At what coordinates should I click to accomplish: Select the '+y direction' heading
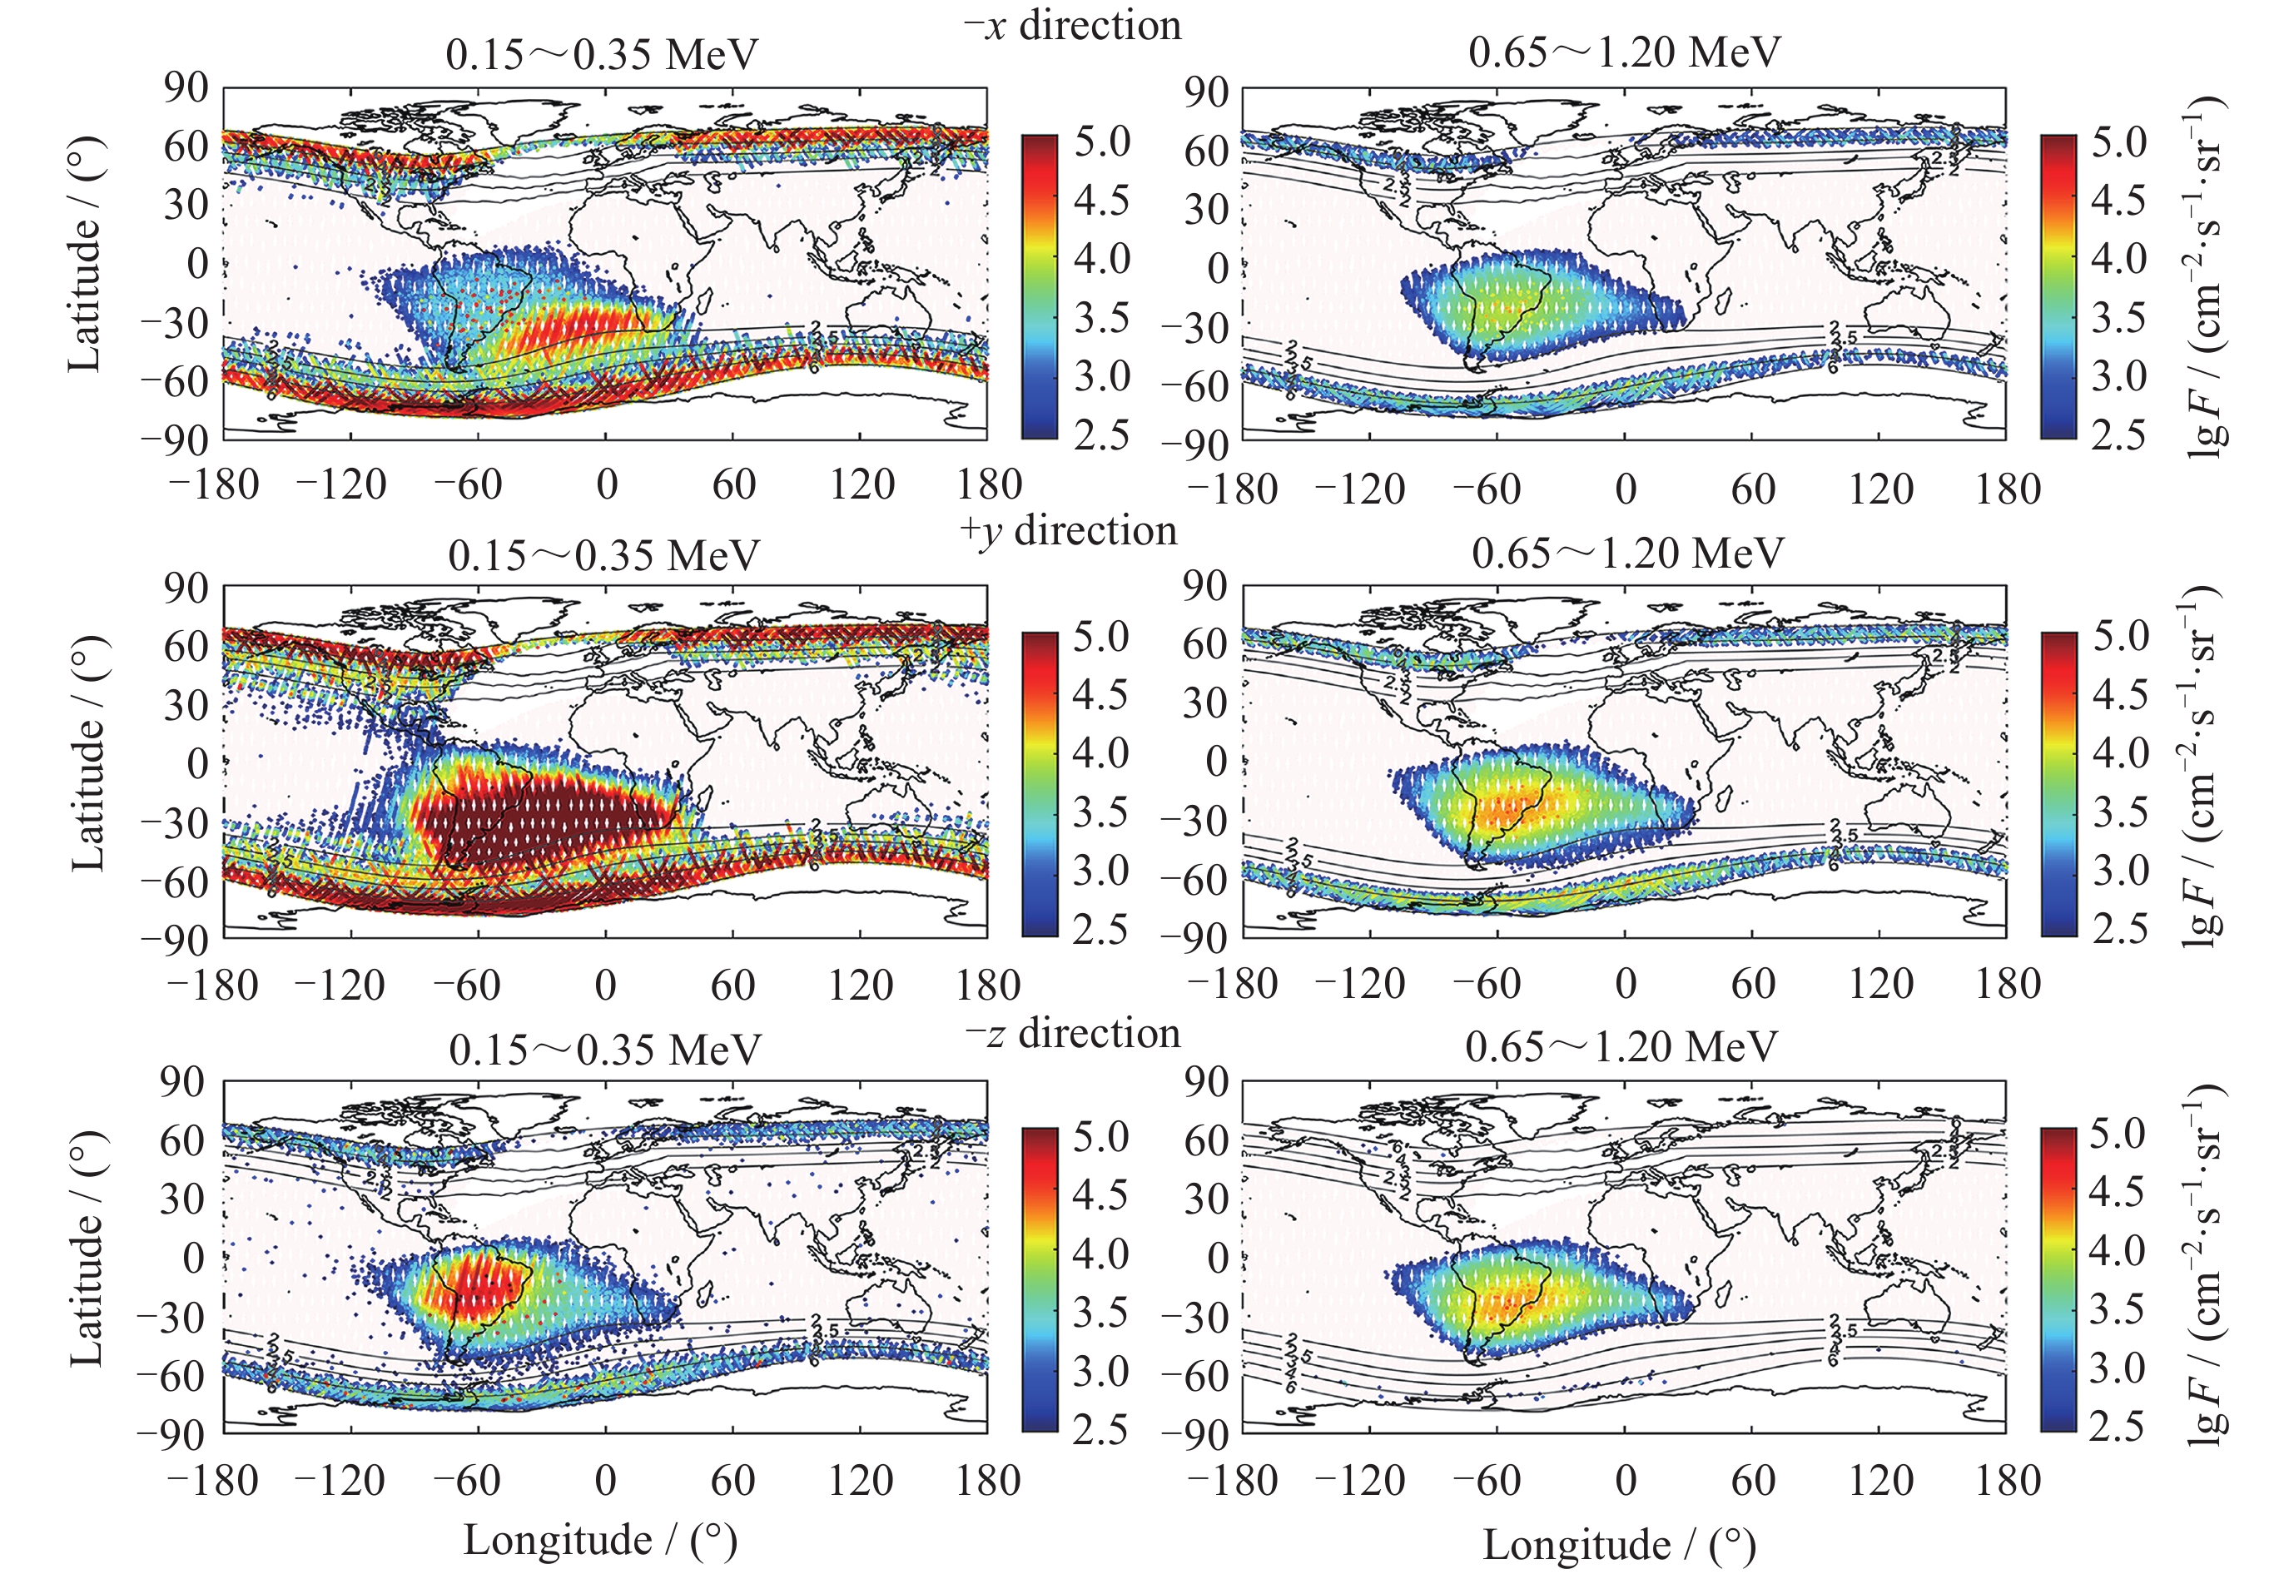click(x=1068, y=530)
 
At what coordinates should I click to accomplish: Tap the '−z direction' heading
click(x=1072, y=1033)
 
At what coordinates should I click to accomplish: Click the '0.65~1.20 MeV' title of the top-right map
click(x=1624, y=52)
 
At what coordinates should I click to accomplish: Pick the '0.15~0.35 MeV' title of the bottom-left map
click(x=605, y=1049)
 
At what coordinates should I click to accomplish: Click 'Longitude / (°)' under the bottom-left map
click(x=600, y=1540)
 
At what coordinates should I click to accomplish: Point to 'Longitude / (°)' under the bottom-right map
click(x=1619, y=1544)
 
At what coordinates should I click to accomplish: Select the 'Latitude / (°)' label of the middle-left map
click(x=88, y=754)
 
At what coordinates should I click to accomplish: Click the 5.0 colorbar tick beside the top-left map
click(x=1101, y=142)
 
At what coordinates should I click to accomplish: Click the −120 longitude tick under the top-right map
click(x=1360, y=489)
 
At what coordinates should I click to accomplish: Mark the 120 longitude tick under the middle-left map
click(x=861, y=984)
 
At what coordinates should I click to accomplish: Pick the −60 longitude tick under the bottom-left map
click(x=468, y=1480)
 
